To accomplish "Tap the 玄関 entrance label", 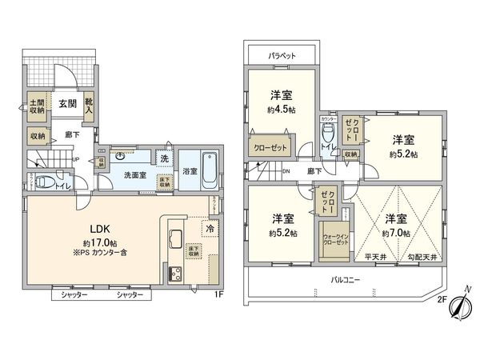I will [66, 104].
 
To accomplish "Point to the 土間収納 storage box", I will [36, 108].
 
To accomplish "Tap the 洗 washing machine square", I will [163, 158].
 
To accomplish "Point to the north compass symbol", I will [457, 307].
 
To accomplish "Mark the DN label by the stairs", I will [286, 171].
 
